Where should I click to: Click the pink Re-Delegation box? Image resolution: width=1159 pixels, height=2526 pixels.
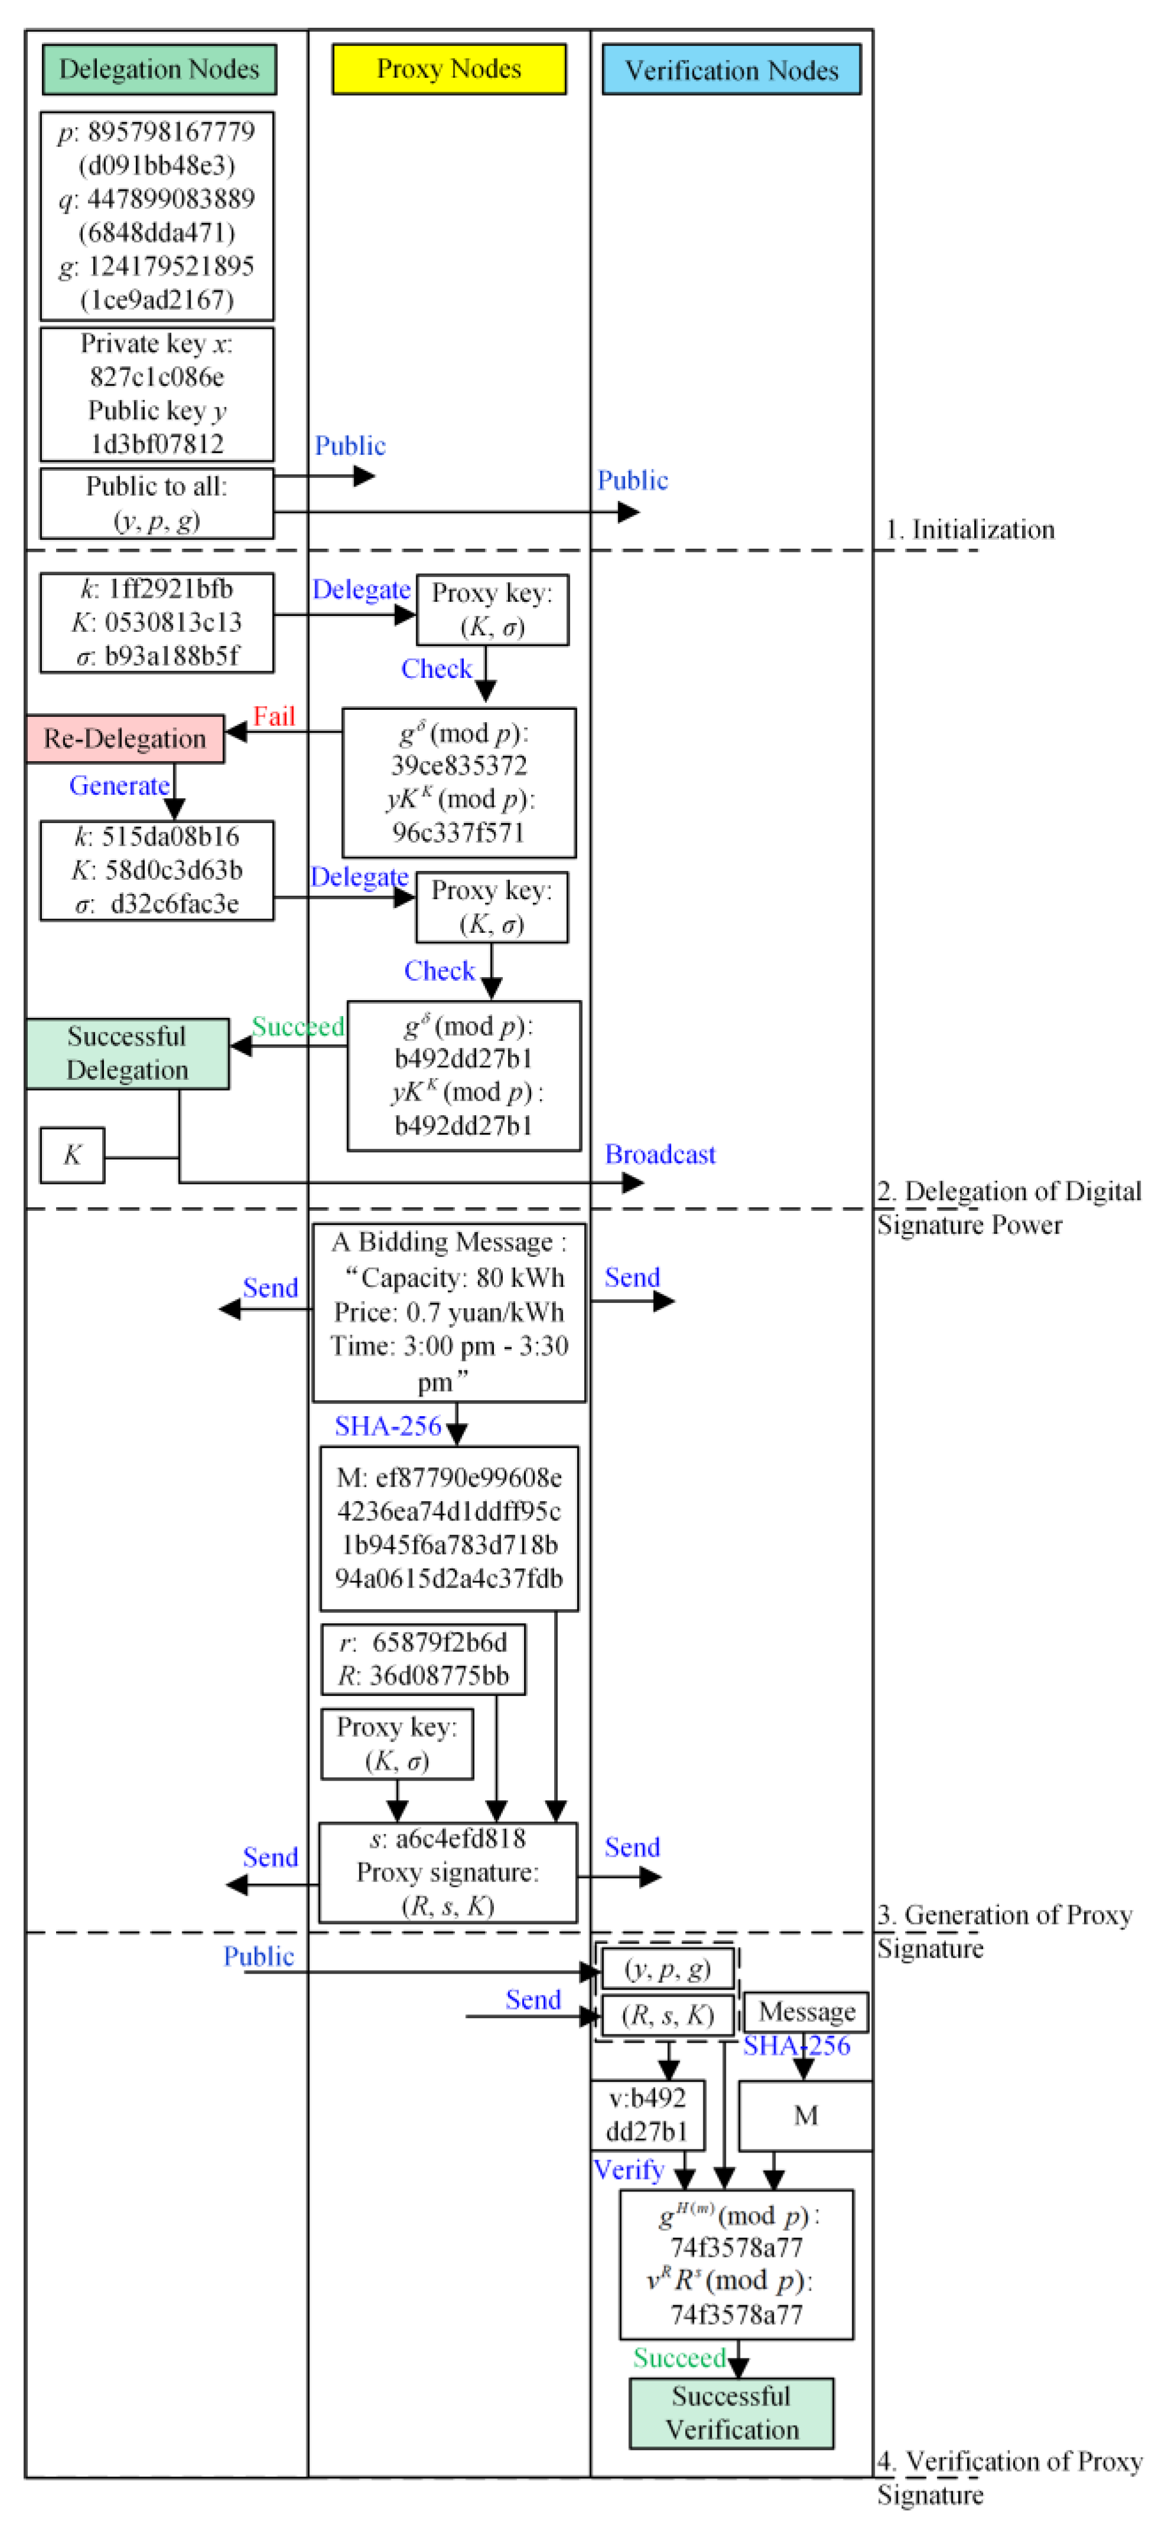coord(125,738)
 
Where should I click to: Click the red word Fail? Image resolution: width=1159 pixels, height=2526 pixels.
coord(274,716)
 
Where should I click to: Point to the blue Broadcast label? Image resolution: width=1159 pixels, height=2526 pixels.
coord(659,1154)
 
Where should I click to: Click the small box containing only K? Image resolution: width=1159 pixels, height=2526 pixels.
coord(71,1155)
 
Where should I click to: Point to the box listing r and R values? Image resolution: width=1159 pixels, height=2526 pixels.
coord(423,1659)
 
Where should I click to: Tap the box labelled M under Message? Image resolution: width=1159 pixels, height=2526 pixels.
coord(804,2115)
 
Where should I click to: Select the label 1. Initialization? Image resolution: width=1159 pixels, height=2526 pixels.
coord(969,529)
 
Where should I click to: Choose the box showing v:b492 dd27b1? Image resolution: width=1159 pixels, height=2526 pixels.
coord(647,2115)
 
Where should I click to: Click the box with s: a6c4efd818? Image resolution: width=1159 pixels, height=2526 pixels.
coord(447,1872)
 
